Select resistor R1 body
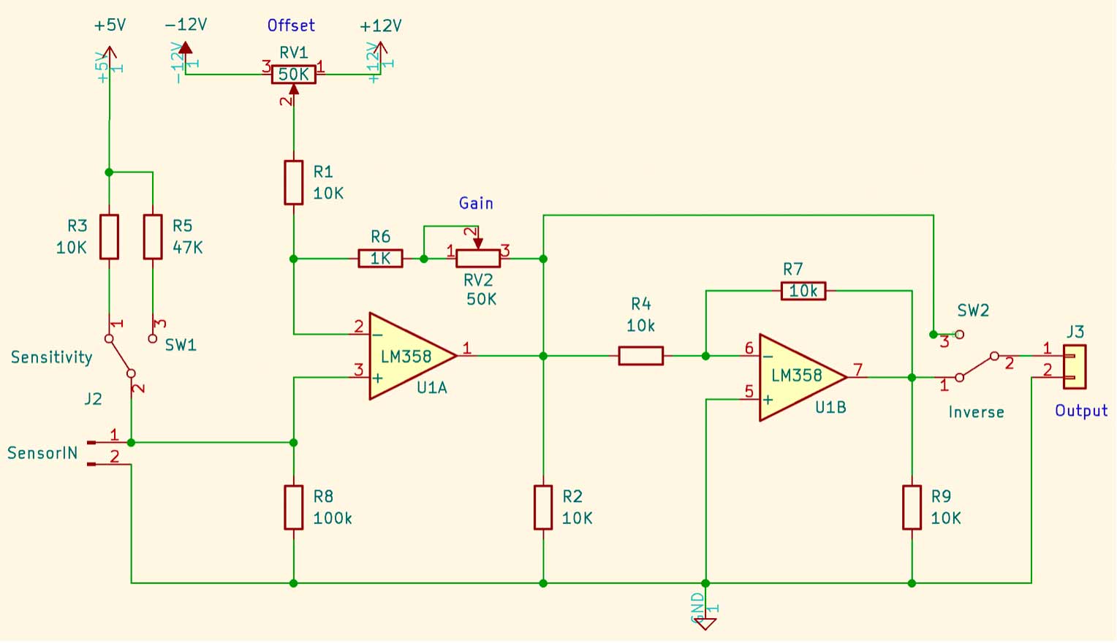293,183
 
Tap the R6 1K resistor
380,259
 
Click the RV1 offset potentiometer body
293,75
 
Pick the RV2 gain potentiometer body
478,258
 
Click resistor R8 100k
293,507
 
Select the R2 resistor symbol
543,507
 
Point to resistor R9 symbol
912,507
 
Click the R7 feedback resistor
803,291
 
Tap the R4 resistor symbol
641,356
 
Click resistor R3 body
109,237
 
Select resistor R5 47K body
153,237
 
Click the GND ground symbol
705,623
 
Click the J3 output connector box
1075,367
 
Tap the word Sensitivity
52,357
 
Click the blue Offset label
291,26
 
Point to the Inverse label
976,412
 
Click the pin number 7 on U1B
858,370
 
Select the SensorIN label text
42,453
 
